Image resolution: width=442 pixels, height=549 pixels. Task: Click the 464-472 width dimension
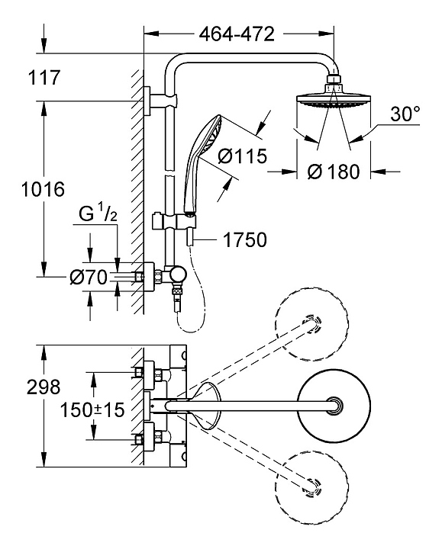coord(237,34)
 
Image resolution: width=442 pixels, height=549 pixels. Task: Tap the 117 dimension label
coord(44,77)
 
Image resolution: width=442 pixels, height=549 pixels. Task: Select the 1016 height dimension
coord(43,189)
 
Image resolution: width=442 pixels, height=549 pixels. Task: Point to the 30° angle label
coord(405,114)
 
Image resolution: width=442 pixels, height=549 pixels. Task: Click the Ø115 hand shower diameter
coord(242,156)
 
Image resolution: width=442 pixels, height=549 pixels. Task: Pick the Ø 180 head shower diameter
coord(334,172)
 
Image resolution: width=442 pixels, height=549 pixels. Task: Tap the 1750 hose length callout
coord(245,240)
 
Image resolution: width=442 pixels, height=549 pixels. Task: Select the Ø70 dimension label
coord(89,278)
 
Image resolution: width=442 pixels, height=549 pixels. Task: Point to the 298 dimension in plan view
coord(44,387)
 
